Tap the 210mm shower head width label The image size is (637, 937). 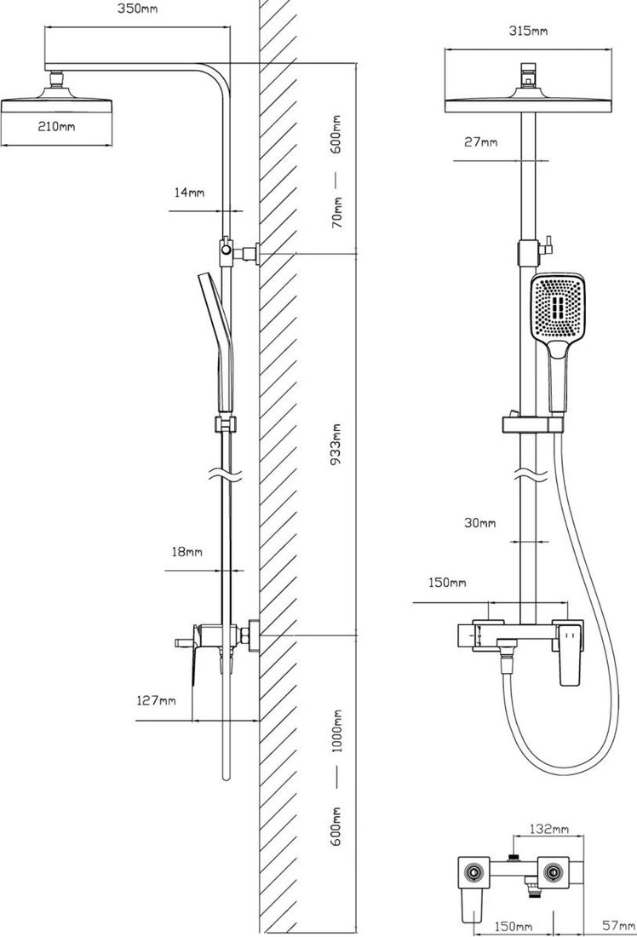pyautogui.click(x=57, y=127)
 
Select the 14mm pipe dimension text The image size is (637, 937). pyautogui.click(x=189, y=193)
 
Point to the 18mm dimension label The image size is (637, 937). pyautogui.click(x=187, y=552)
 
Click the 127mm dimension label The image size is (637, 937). pyautogui.click(x=157, y=699)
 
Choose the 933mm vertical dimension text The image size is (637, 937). pyautogui.click(x=337, y=444)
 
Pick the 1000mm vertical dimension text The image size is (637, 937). pyautogui.click(x=337, y=731)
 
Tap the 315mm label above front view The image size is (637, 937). pyautogui.click(x=528, y=31)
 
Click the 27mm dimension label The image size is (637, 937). pyautogui.click(x=481, y=142)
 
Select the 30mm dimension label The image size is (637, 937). pyautogui.click(x=479, y=523)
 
